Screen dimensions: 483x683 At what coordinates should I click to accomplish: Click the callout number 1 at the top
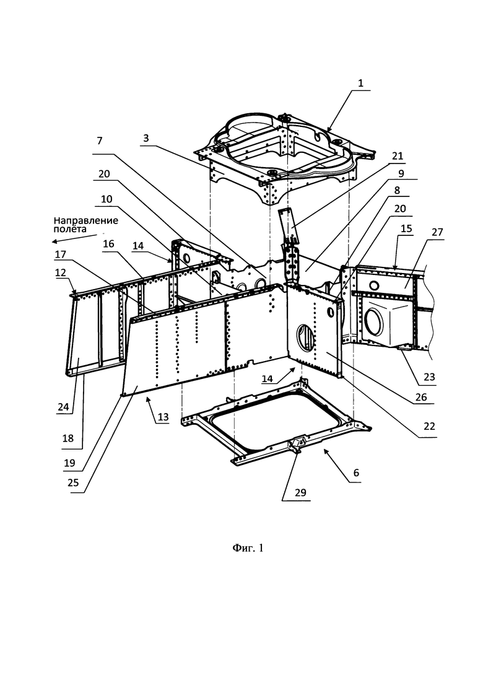click(360, 83)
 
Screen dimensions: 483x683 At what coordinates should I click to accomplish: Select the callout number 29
click(300, 493)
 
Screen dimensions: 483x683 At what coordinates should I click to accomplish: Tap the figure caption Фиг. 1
click(247, 548)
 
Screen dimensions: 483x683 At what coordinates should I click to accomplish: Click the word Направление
click(86, 220)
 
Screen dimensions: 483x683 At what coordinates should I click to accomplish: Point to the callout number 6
click(356, 472)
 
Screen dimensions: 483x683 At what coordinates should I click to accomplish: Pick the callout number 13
click(163, 417)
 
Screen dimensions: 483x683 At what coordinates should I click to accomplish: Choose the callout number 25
click(73, 482)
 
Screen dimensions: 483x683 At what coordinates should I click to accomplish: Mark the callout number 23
click(429, 376)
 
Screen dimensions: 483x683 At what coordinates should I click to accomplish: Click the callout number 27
click(437, 232)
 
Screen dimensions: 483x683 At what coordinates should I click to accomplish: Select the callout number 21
click(397, 156)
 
